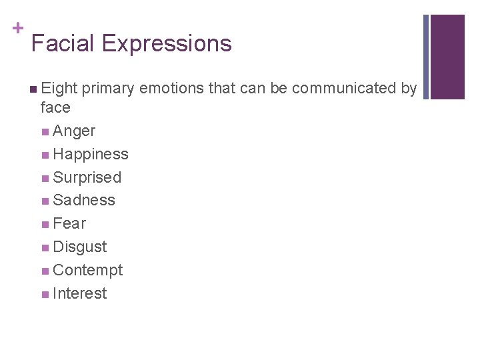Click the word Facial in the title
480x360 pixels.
(63, 43)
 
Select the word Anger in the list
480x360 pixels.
(73, 131)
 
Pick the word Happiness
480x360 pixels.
(90, 155)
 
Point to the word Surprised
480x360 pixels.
(87, 178)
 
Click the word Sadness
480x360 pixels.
(83, 200)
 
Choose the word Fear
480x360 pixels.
(69, 223)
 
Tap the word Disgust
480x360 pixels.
(79, 247)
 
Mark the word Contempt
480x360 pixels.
(87, 271)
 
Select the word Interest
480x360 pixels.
(79, 293)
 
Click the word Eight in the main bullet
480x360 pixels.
(59, 89)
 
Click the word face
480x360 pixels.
(55, 107)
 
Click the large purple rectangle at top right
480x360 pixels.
(447, 57)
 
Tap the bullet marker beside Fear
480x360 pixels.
(44, 224)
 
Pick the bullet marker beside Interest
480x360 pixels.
(44, 294)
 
